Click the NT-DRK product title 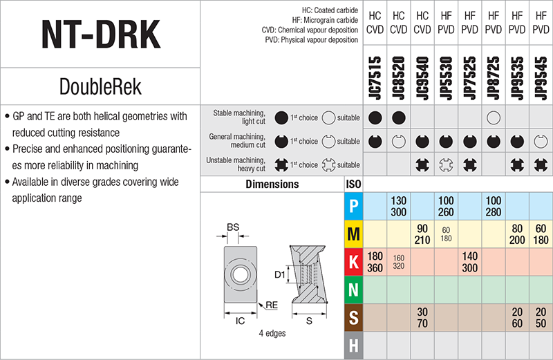100,33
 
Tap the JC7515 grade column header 375,77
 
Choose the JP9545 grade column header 540,77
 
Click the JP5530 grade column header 446,77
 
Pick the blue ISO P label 353,206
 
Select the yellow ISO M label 353,234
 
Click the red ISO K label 353,263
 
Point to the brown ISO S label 353,319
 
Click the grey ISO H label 353,345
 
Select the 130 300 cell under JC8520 398,206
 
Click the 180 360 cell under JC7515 375,263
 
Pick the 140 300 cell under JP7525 469,263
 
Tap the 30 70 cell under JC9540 422,319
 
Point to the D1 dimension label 280,276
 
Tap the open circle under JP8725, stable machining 493,117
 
